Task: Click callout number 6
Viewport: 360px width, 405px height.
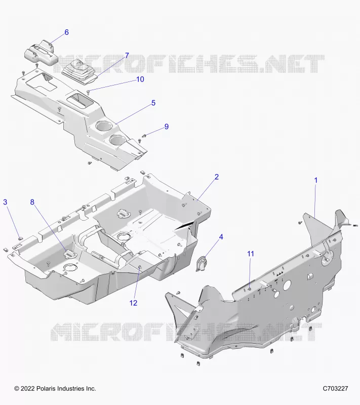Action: pyautogui.click(x=66, y=32)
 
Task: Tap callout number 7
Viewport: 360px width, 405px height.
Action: pyautogui.click(x=127, y=55)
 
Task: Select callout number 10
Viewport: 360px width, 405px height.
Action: pyautogui.click(x=140, y=79)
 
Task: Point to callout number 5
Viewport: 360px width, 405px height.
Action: pyautogui.click(x=153, y=103)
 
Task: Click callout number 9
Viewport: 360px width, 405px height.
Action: pyautogui.click(x=167, y=127)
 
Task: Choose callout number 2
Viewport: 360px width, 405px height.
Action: pyautogui.click(x=217, y=177)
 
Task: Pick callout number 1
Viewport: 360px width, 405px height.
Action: pyautogui.click(x=315, y=180)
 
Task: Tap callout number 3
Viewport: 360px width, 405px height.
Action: pyautogui.click(x=5, y=202)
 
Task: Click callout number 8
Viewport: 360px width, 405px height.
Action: pyautogui.click(x=32, y=202)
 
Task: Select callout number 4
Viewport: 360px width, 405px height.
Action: pyautogui.click(x=221, y=237)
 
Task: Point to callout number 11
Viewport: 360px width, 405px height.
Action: pyautogui.click(x=251, y=254)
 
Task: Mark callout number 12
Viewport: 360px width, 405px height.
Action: pyautogui.click(x=133, y=303)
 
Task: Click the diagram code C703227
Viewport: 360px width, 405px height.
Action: pyautogui.click(x=336, y=388)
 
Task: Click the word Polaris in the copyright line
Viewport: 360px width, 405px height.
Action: pyautogui.click(x=46, y=388)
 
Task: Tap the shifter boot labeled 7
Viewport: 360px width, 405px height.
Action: pyautogui.click(x=80, y=71)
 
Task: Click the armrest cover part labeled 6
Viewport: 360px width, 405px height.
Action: pyautogui.click(x=41, y=51)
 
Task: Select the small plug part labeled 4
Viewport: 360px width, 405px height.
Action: pyautogui.click(x=202, y=263)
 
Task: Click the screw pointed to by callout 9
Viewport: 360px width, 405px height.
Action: pyautogui.click(x=144, y=136)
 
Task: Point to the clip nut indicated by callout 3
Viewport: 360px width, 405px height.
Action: pyautogui.click(x=20, y=238)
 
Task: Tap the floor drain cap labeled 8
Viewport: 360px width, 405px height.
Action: pyautogui.click(x=69, y=254)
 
